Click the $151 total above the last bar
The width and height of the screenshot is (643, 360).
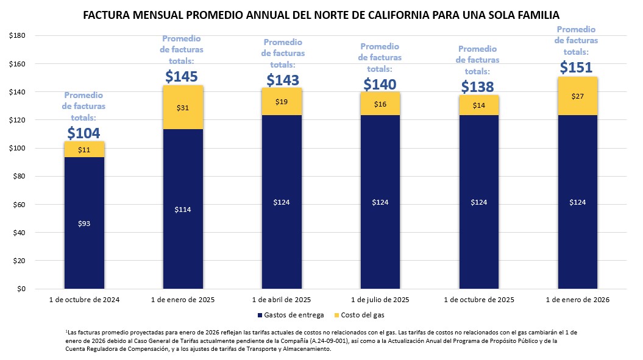click(x=576, y=66)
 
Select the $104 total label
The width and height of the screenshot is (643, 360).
click(x=83, y=133)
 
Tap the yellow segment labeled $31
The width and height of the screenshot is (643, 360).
click(x=183, y=108)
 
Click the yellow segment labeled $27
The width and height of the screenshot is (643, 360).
click(x=577, y=96)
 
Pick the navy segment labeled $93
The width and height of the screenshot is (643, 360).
click(x=84, y=224)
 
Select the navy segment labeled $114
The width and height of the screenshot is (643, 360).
click(x=183, y=209)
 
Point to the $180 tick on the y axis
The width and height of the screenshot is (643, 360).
click(x=16, y=35)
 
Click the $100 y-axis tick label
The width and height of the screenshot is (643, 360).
click(x=16, y=148)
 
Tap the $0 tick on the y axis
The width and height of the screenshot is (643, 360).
click(x=20, y=289)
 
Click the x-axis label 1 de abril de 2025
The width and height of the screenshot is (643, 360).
click(x=282, y=300)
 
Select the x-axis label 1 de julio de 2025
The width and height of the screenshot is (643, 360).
click(x=380, y=300)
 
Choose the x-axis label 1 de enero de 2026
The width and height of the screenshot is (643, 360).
click(x=577, y=300)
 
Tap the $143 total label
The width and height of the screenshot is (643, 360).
click(x=282, y=80)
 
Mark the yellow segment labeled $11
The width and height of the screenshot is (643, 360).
click(x=84, y=149)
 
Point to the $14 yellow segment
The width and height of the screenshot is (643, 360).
click(x=478, y=105)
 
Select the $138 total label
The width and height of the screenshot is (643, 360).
click(x=478, y=87)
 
